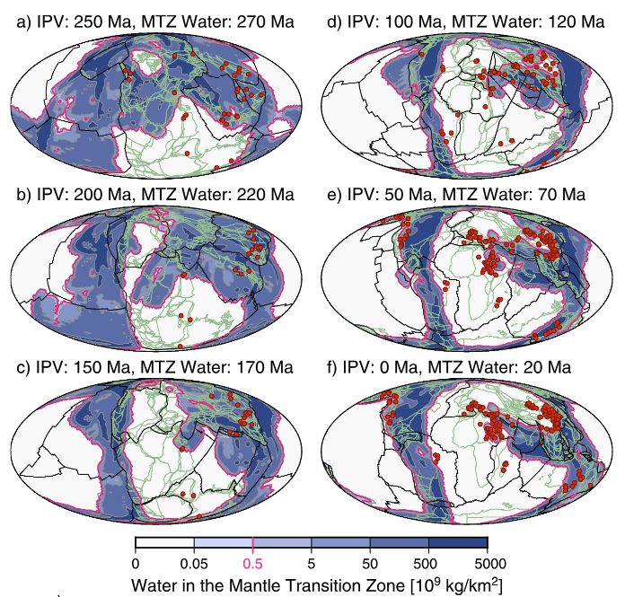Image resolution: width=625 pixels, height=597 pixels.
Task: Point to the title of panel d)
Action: point(464,19)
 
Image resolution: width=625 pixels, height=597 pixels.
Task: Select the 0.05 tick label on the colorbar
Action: point(194,564)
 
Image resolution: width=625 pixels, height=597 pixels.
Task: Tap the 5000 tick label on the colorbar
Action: point(487,564)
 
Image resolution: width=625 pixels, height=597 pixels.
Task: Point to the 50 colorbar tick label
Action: point(370,564)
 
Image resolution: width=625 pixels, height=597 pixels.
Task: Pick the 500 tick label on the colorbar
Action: point(428,564)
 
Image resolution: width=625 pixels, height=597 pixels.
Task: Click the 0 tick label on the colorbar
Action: point(136,564)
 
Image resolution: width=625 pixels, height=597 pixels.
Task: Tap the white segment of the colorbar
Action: point(164,543)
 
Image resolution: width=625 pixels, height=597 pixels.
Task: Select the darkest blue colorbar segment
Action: point(457,543)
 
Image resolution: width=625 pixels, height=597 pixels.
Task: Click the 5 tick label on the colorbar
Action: point(311,564)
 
